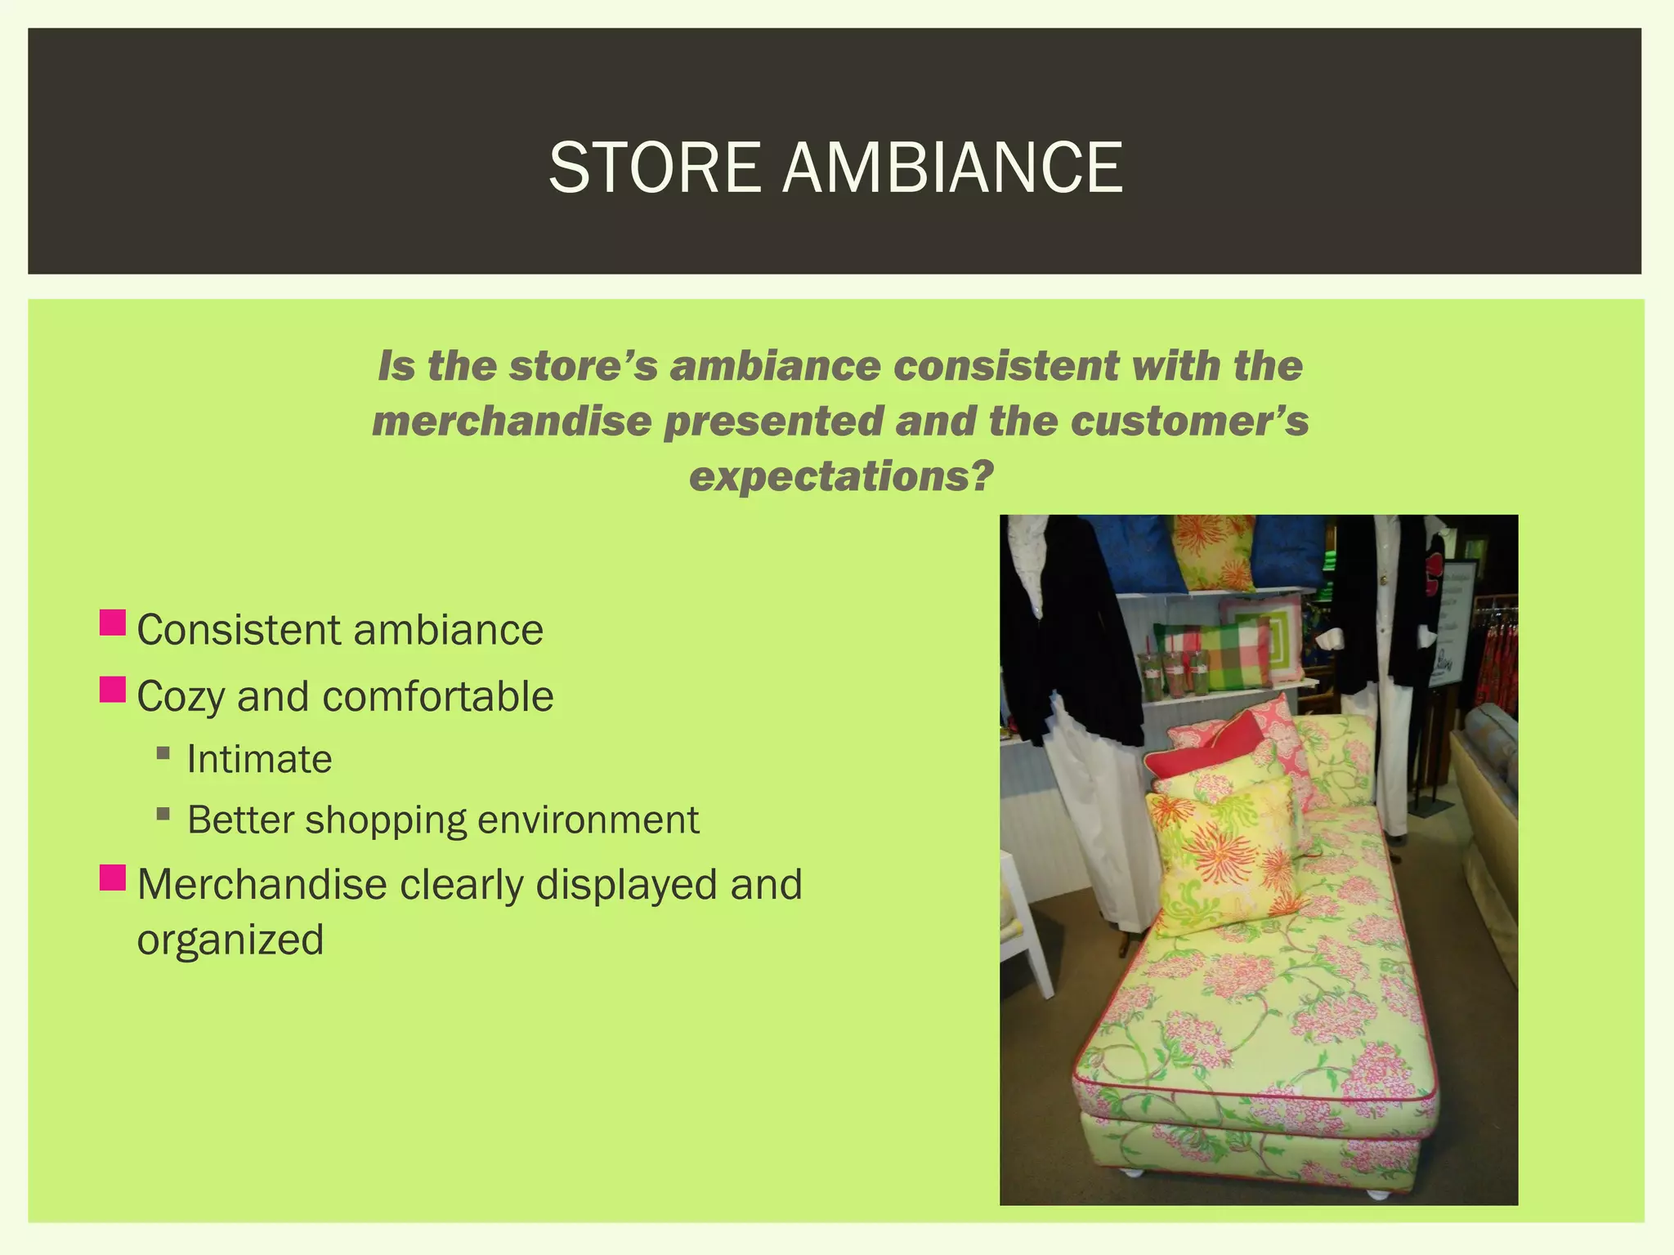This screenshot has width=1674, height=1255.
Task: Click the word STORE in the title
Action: coord(654,167)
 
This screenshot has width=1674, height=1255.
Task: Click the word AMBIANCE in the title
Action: coord(952,167)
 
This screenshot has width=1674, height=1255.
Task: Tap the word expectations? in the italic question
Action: coord(841,476)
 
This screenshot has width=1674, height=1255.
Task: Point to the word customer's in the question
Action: coord(1189,422)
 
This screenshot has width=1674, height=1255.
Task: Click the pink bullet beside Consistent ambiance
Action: coord(113,623)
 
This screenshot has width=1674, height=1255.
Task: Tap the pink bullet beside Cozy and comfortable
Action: coord(113,690)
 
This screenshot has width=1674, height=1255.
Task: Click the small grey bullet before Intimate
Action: coord(163,753)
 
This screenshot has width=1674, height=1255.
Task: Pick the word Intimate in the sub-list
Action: coord(259,759)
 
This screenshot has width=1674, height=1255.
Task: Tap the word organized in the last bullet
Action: coord(231,940)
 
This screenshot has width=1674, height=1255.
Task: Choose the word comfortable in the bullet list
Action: coord(437,697)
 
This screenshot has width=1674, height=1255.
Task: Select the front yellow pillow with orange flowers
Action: coord(1222,858)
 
